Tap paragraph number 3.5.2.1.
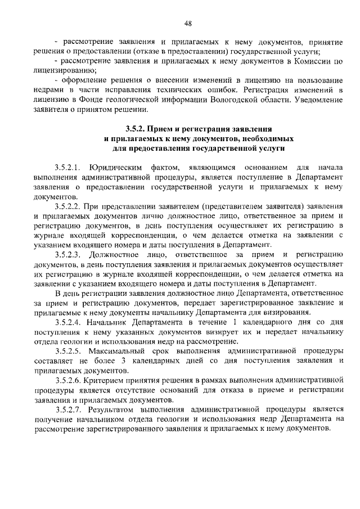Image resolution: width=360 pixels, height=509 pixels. coord(69,168)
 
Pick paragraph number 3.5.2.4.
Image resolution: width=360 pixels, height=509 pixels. coord(69,322)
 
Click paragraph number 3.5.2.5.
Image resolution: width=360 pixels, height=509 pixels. coord(69,351)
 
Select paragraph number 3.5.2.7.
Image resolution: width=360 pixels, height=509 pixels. coord(69,409)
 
